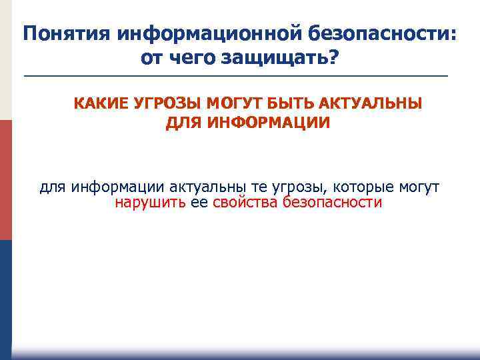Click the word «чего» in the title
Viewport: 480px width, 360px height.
click(195, 59)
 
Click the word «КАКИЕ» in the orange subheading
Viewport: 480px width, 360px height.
click(101, 104)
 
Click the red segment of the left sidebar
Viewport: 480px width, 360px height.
click(6, 180)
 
